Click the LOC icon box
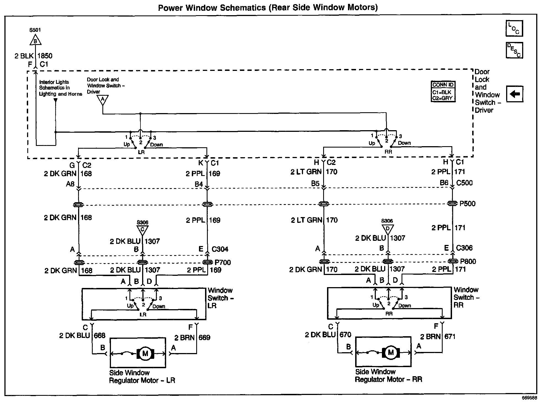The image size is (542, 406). [x=514, y=28]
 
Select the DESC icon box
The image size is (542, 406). [x=514, y=50]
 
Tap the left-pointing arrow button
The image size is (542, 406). [x=514, y=94]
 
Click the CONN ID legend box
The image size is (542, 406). [x=443, y=92]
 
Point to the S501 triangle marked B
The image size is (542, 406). [x=35, y=40]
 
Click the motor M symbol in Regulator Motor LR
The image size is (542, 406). [x=145, y=353]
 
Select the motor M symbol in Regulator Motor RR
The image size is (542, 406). [x=390, y=352]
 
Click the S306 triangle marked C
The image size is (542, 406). [x=142, y=230]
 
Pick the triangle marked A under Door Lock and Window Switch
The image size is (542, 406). [x=103, y=100]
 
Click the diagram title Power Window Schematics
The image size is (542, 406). [x=267, y=7]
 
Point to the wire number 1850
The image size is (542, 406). [x=45, y=56]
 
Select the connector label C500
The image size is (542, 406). [x=464, y=183]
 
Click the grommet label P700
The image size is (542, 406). [x=223, y=262]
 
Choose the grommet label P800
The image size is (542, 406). [x=468, y=261]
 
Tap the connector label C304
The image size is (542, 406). [x=220, y=249]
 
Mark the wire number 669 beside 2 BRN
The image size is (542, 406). [x=204, y=337]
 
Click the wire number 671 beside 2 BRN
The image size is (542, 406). [x=450, y=336]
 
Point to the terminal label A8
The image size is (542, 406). [x=70, y=184]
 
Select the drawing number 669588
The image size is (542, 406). [x=529, y=398]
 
